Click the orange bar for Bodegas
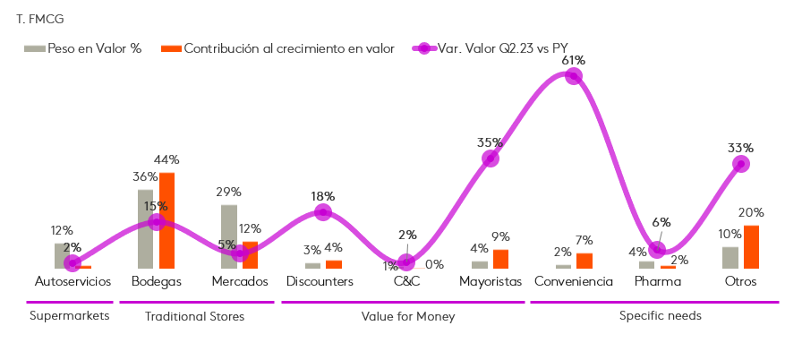(166, 220)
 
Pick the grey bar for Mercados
(229, 236)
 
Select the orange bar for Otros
(752, 246)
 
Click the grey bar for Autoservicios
(62, 255)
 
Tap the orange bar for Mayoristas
(501, 259)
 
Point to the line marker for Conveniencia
(574, 76)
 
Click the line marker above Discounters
(323, 212)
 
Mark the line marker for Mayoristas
(490, 159)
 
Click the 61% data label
(574, 60)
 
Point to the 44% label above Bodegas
(166, 160)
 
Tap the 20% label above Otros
(751, 212)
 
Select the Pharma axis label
(657, 281)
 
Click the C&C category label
(406, 281)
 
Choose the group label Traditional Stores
(194, 316)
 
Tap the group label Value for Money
(407, 316)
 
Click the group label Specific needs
(660, 316)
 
